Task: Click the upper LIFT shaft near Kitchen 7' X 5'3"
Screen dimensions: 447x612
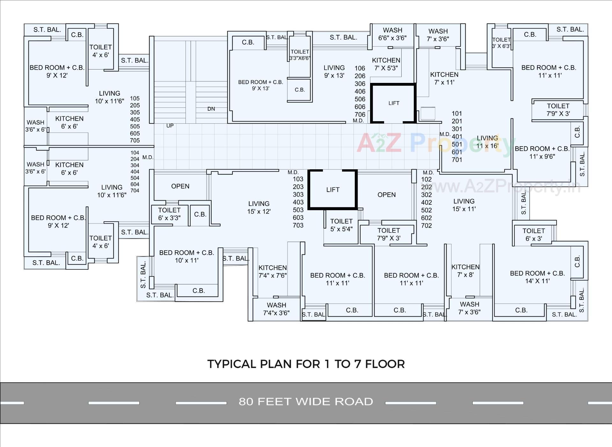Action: tap(394, 103)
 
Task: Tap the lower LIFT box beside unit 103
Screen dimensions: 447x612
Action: tap(332, 190)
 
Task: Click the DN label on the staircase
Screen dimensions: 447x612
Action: tap(211, 109)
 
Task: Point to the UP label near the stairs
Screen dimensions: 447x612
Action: tap(170, 126)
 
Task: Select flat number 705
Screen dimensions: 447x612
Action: tap(135, 140)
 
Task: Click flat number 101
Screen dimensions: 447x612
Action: tap(457, 114)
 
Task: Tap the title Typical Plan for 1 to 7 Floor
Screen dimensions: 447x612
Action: tap(306, 364)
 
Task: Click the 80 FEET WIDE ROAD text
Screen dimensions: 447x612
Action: tap(306, 401)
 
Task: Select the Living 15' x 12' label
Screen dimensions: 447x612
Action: tap(259, 207)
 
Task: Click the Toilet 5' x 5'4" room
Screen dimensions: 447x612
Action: tap(341, 225)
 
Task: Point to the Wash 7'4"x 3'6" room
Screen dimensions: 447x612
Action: tap(276, 309)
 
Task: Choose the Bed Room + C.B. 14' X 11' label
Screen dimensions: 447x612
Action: tap(537, 277)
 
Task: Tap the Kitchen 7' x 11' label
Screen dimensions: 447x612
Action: tap(444, 78)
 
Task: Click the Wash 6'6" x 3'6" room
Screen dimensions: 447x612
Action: tap(392, 34)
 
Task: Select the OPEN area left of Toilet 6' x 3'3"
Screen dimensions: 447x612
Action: tap(180, 186)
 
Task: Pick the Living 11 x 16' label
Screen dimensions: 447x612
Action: tap(487, 142)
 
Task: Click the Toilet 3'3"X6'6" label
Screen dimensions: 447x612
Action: tap(300, 55)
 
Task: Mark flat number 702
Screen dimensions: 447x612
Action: tap(426, 226)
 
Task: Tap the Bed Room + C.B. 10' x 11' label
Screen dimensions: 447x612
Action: tap(186, 256)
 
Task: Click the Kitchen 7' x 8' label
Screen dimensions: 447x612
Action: tap(465, 271)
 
